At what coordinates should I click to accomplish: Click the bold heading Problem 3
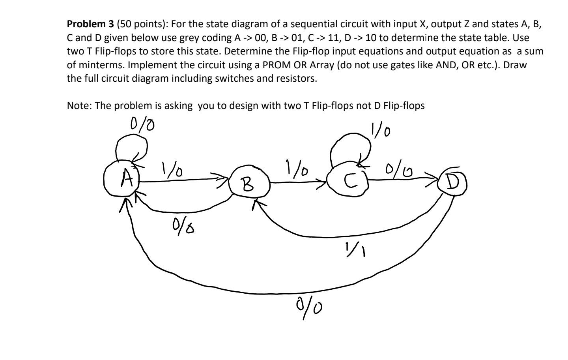[x=90, y=24]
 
